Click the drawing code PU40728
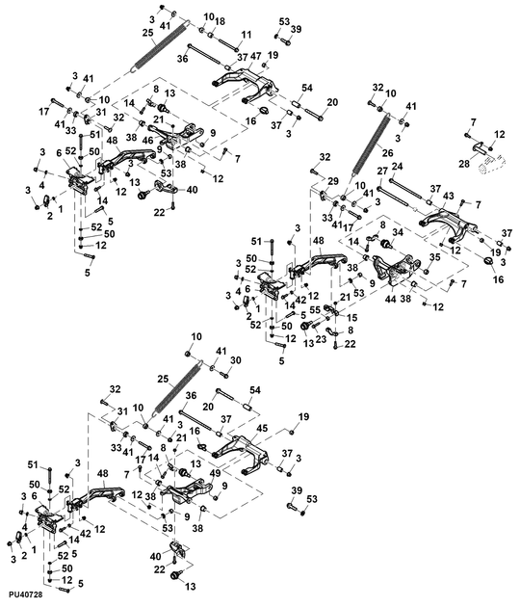(26, 594)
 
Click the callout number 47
(256, 56)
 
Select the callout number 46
(148, 140)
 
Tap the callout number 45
(262, 428)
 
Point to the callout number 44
(391, 299)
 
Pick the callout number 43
(449, 197)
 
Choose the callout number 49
(215, 473)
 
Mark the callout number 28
(465, 164)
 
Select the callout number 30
(235, 360)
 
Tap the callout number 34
(398, 232)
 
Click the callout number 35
(434, 257)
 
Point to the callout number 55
(315, 309)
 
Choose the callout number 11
(247, 35)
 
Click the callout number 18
(220, 21)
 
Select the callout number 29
(333, 181)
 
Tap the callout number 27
(382, 171)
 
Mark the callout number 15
(351, 317)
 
